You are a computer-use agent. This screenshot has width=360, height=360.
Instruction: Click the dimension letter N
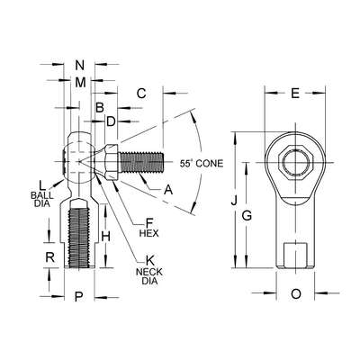point(81,65)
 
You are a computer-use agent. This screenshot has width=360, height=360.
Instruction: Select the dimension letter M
point(81,82)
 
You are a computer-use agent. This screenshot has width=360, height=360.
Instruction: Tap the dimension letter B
point(100,107)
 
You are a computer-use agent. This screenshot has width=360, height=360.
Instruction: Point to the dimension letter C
point(141,94)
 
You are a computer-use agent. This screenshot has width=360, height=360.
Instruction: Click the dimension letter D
point(111,121)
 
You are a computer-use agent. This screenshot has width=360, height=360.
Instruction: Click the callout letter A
point(168,190)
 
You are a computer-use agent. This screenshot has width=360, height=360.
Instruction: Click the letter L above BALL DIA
point(41,184)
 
